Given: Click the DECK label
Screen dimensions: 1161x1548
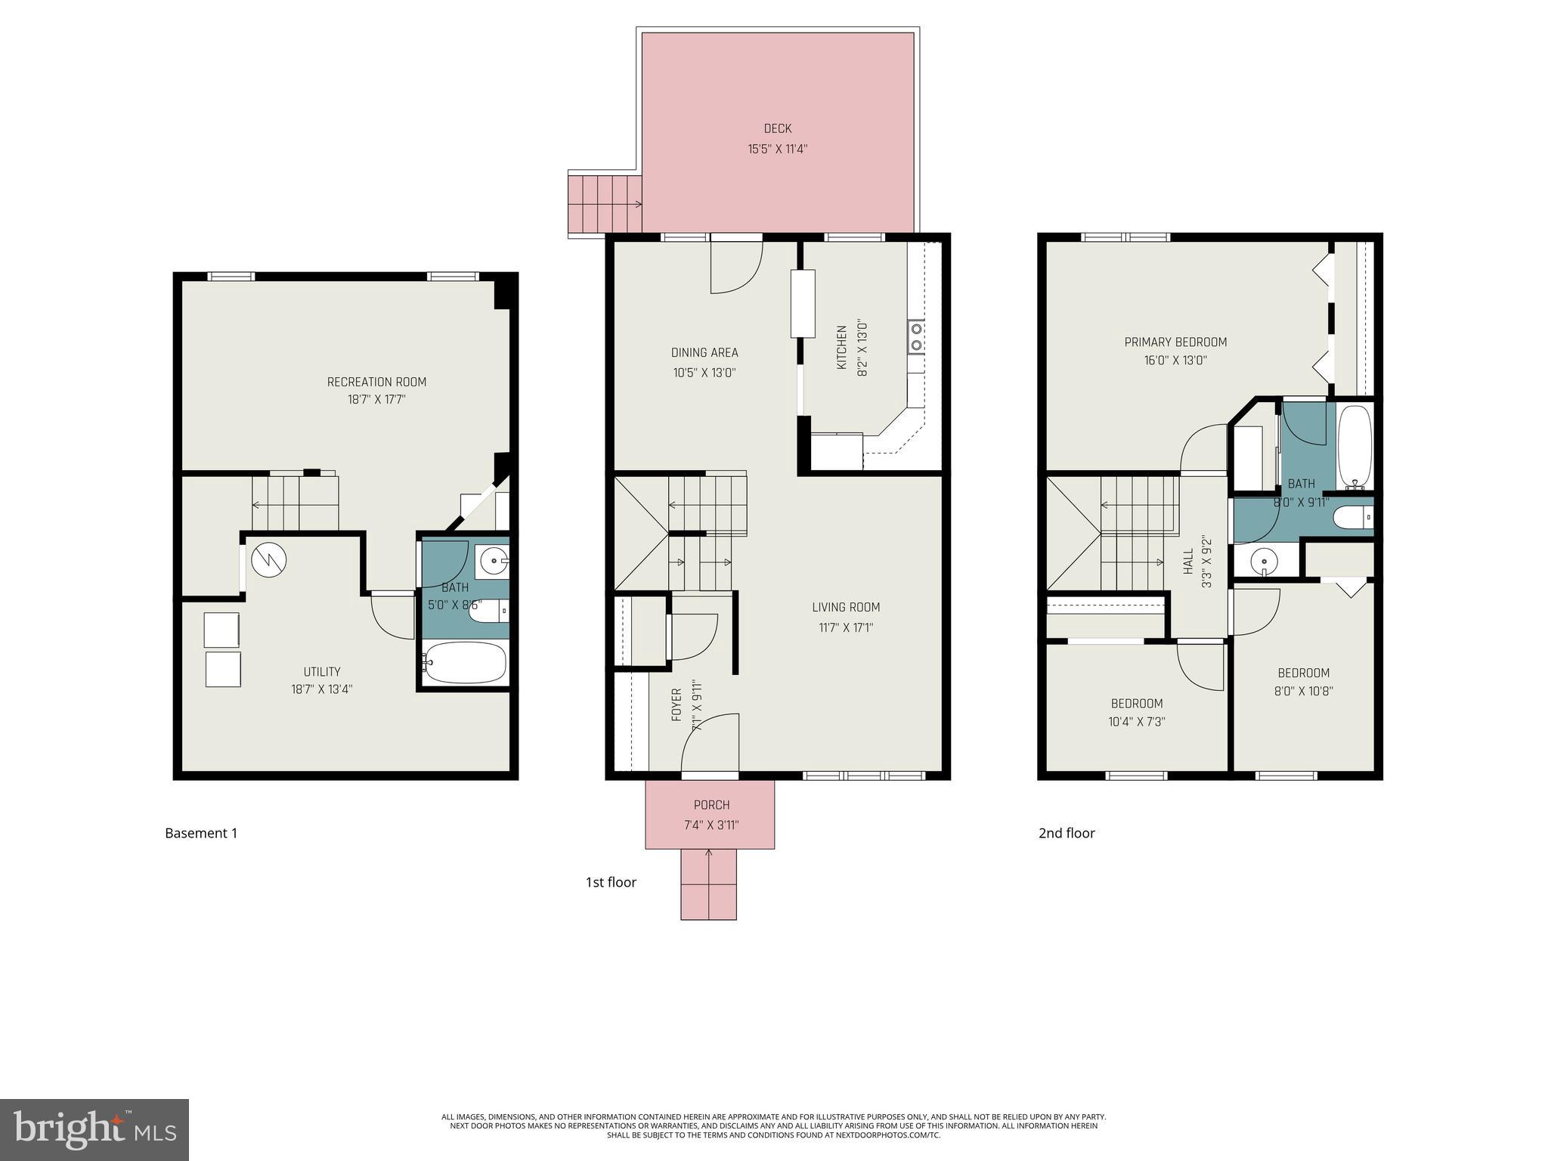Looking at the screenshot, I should (x=777, y=129).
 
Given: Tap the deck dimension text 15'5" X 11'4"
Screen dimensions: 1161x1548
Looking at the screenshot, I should (x=777, y=149).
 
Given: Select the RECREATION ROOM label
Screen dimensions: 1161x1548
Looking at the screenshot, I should (x=376, y=382).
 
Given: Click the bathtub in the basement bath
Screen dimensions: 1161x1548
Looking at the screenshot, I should (x=464, y=663).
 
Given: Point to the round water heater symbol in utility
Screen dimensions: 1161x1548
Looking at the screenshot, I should (x=268, y=560).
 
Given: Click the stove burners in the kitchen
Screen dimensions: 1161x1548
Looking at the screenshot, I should (x=916, y=336).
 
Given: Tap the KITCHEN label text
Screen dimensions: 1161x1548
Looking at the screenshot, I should (x=841, y=348).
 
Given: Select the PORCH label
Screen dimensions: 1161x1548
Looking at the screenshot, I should (x=711, y=805).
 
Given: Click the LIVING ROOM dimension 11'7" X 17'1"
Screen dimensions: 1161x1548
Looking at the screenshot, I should (x=846, y=627).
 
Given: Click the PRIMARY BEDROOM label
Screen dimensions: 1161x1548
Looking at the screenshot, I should (x=1175, y=342).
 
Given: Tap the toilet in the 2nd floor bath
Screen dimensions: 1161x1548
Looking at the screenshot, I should (x=1352, y=518).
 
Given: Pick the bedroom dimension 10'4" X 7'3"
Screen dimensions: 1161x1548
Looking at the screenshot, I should (x=1136, y=722).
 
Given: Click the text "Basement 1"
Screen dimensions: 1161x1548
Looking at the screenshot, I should (x=201, y=833).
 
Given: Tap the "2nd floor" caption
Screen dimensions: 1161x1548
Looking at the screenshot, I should (x=1066, y=833).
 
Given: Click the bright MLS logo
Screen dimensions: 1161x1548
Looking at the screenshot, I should (x=94, y=1129).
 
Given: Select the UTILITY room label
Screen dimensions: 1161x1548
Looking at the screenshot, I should (x=322, y=671).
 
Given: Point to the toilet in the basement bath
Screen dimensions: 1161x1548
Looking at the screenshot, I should (x=488, y=611).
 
